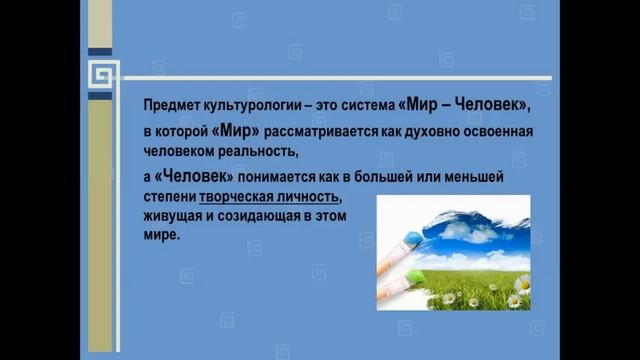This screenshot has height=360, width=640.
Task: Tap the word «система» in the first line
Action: click(x=362, y=106)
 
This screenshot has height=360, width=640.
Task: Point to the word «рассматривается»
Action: click(x=310, y=130)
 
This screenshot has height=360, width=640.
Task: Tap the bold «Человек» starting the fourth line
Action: click(x=189, y=176)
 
